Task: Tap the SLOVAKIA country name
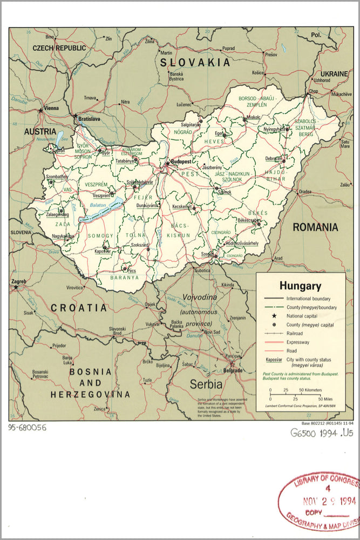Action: pyautogui.click(x=195, y=63)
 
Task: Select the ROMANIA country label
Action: pyautogui.click(x=315, y=227)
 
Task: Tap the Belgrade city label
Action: pyautogui.click(x=232, y=371)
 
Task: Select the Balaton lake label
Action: pyautogui.click(x=97, y=206)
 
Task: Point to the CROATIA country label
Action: pyautogui.click(x=79, y=308)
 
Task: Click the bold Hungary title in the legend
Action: pyautogui.click(x=300, y=286)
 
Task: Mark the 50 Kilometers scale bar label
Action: pyautogui.click(x=309, y=389)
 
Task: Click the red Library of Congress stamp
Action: pyautogui.click(x=320, y=502)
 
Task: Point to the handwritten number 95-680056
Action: pyautogui.click(x=28, y=427)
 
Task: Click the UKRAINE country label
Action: pyautogui.click(x=335, y=73)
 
